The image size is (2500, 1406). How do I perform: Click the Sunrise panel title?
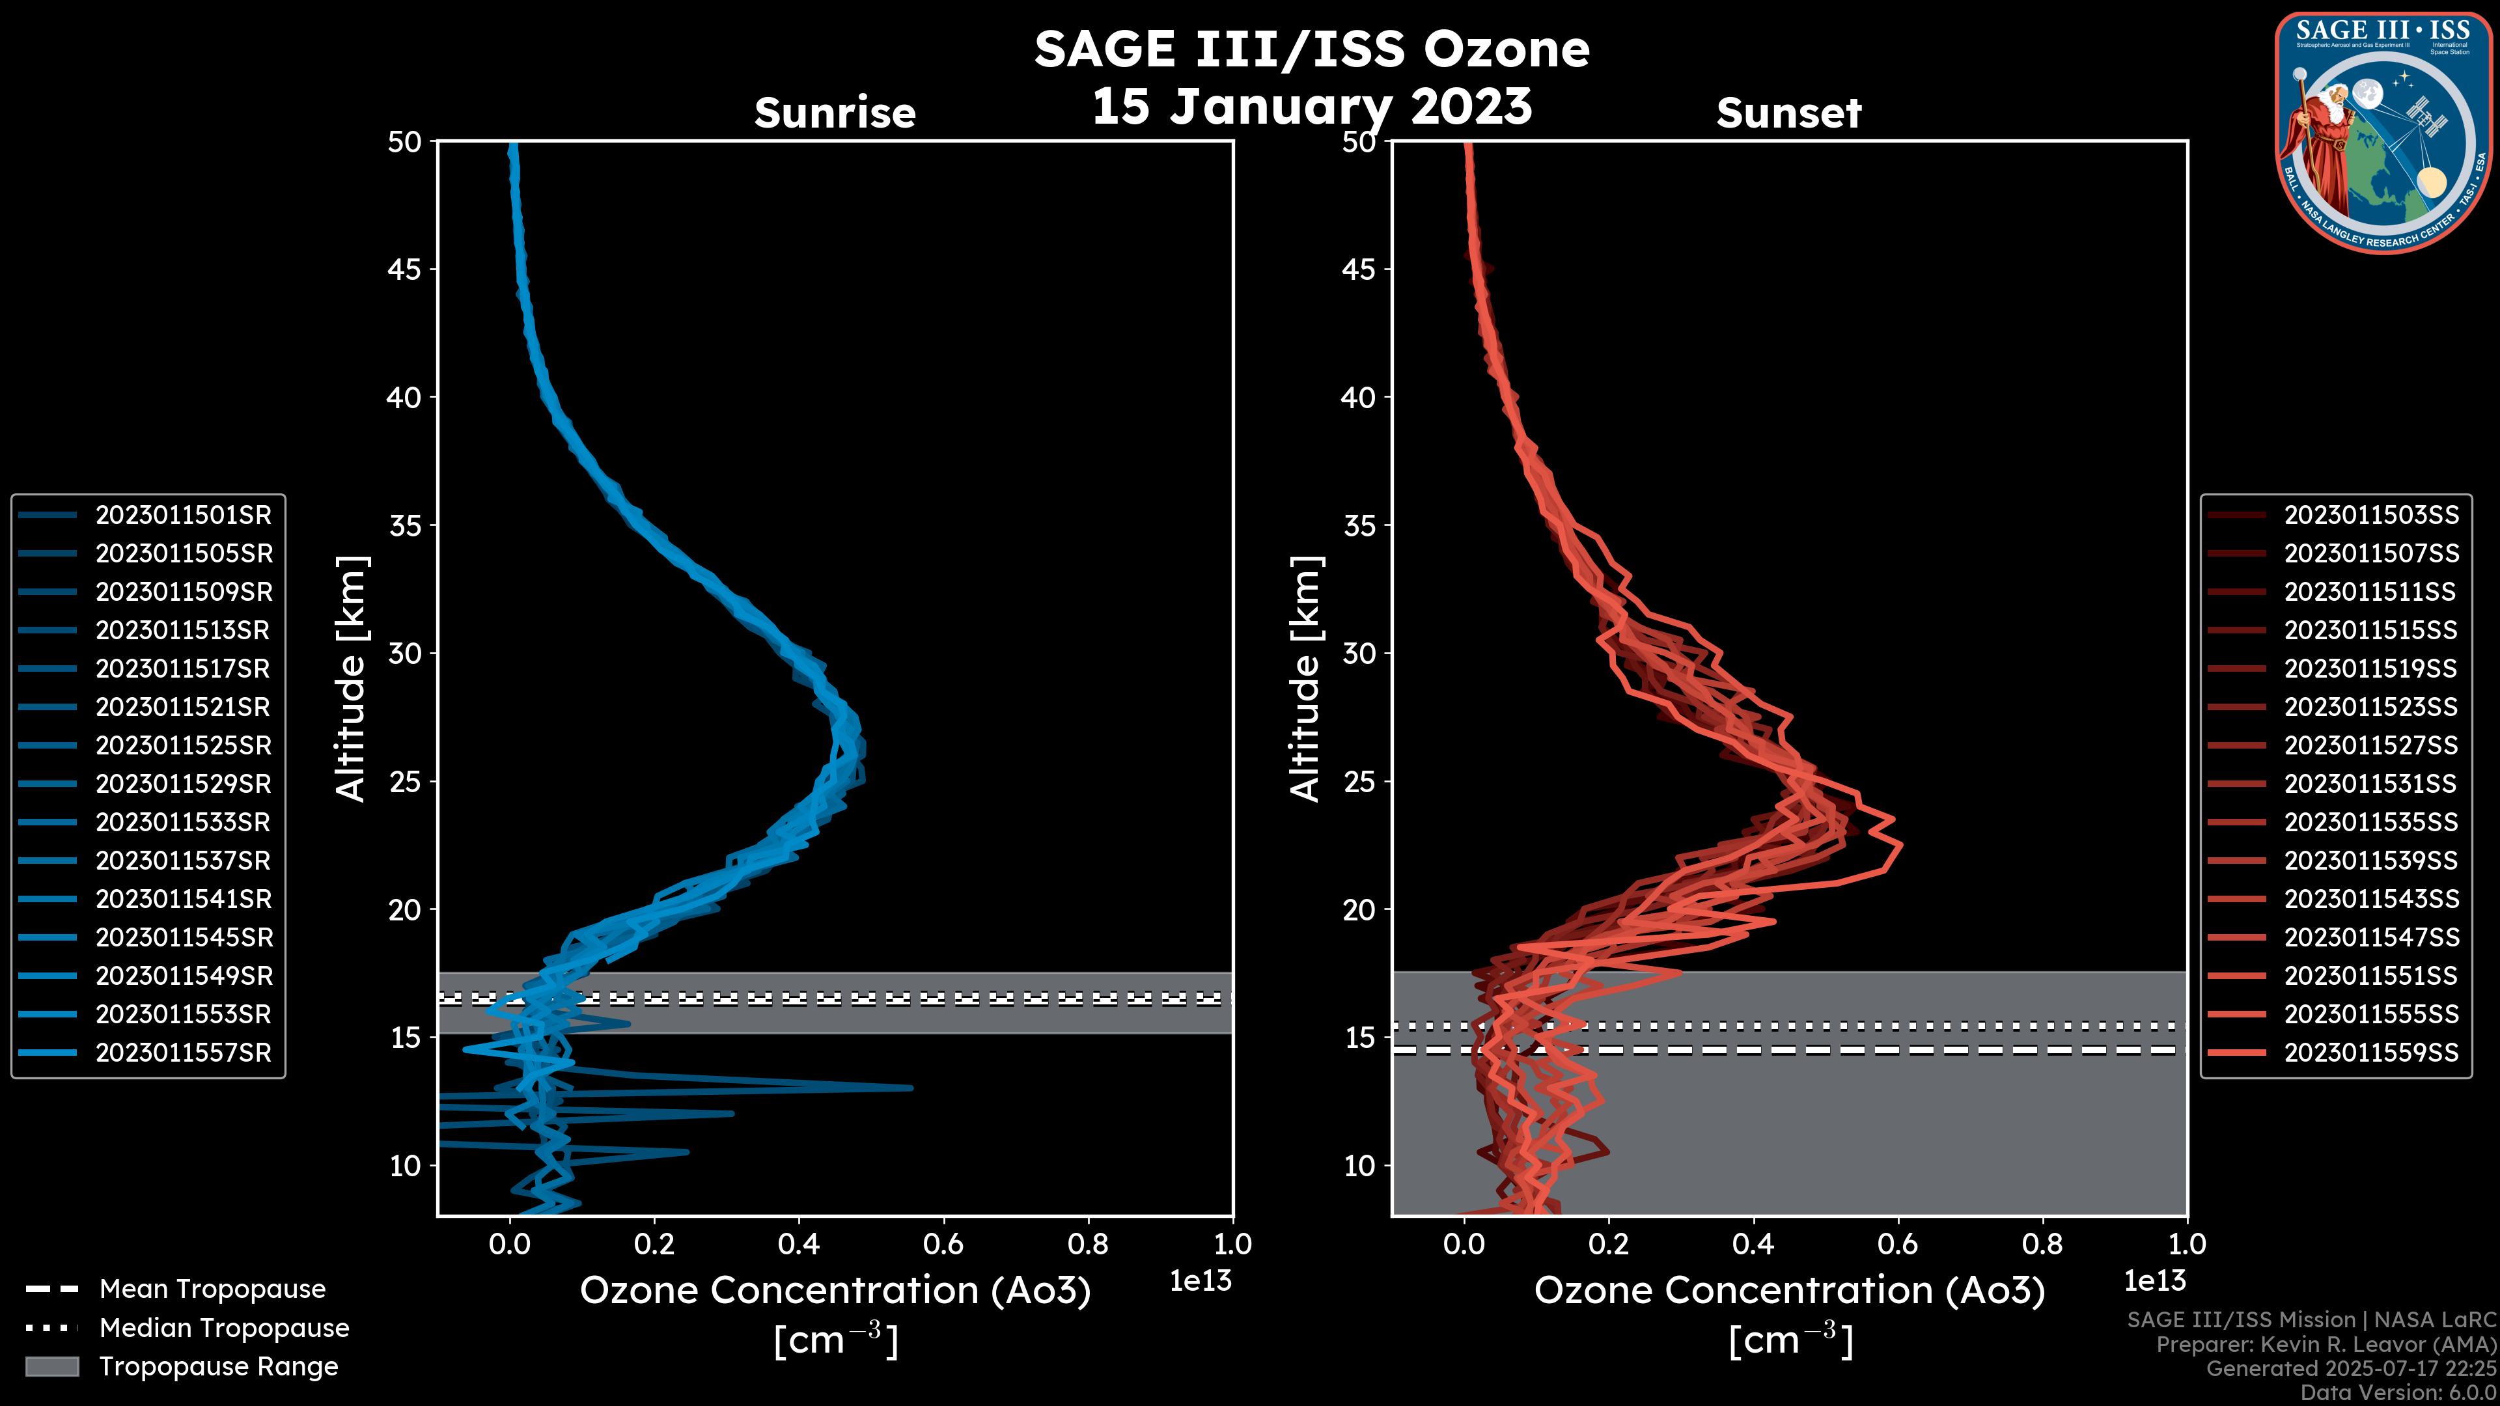(x=835, y=113)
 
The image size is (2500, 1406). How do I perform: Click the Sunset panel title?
(x=1788, y=113)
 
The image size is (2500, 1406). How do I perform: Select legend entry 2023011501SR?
(x=184, y=516)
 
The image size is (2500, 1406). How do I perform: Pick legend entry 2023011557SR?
(x=184, y=1053)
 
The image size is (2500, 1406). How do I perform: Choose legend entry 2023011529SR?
(x=184, y=784)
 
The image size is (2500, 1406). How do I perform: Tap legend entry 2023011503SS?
(x=2371, y=516)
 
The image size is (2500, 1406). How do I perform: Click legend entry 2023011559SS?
(x=2371, y=1053)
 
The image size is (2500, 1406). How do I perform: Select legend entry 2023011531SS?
(x=2371, y=784)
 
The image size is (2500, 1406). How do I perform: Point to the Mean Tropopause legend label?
(x=212, y=1289)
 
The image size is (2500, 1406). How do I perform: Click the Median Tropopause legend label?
(x=224, y=1329)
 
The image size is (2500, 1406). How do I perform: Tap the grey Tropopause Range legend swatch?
(x=51, y=1366)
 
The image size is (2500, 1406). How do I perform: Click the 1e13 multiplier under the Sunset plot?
(x=2154, y=1281)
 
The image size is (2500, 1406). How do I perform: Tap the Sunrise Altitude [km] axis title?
(x=350, y=678)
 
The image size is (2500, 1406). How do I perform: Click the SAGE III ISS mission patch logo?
(x=2383, y=133)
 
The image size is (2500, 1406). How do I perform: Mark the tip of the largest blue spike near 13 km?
(x=910, y=1088)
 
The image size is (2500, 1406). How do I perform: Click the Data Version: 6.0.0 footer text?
(x=2399, y=1394)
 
